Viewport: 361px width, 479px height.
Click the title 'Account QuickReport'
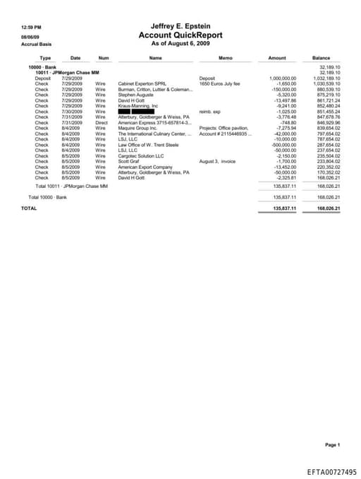(180, 35)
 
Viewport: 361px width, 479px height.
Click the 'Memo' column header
(226, 57)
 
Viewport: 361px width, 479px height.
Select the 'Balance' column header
(321, 57)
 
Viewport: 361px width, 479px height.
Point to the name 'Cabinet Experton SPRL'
(142, 83)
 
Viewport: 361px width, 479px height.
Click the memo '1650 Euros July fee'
(220, 83)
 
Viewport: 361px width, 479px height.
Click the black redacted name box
(133, 111)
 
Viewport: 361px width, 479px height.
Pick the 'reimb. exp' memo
(210, 111)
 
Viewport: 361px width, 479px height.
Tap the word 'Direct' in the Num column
(102, 122)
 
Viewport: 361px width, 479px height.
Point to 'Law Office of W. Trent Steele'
(149, 144)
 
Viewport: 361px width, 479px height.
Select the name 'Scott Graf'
(129, 161)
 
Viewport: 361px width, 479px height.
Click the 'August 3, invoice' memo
(219, 161)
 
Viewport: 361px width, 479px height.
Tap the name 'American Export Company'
(145, 167)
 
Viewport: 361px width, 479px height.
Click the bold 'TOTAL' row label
(29, 208)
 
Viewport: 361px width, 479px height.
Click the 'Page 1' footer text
(332, 444)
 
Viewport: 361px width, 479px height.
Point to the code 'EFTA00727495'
(331, 471)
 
